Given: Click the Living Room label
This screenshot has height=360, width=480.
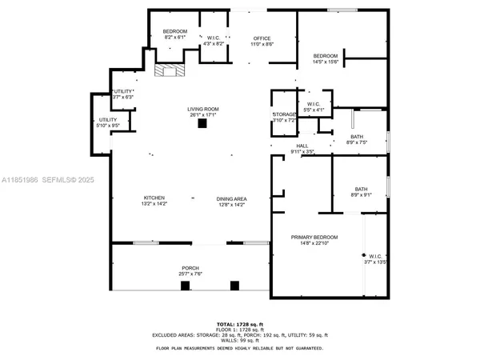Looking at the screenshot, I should point(203,112).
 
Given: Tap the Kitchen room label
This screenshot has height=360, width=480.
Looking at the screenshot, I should point(154,201).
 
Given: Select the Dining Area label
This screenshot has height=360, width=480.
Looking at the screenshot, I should point(231,201).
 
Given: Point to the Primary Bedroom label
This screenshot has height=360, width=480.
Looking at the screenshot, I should point(314,240).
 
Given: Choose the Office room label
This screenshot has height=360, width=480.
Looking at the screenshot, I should point(262,40).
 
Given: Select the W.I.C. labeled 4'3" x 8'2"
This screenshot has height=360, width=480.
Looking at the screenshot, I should point(214,40).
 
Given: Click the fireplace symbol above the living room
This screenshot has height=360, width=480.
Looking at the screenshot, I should point(168,70).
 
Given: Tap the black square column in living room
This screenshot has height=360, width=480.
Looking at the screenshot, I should point(202,124).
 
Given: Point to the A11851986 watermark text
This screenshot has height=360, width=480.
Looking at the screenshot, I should point(22,182).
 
